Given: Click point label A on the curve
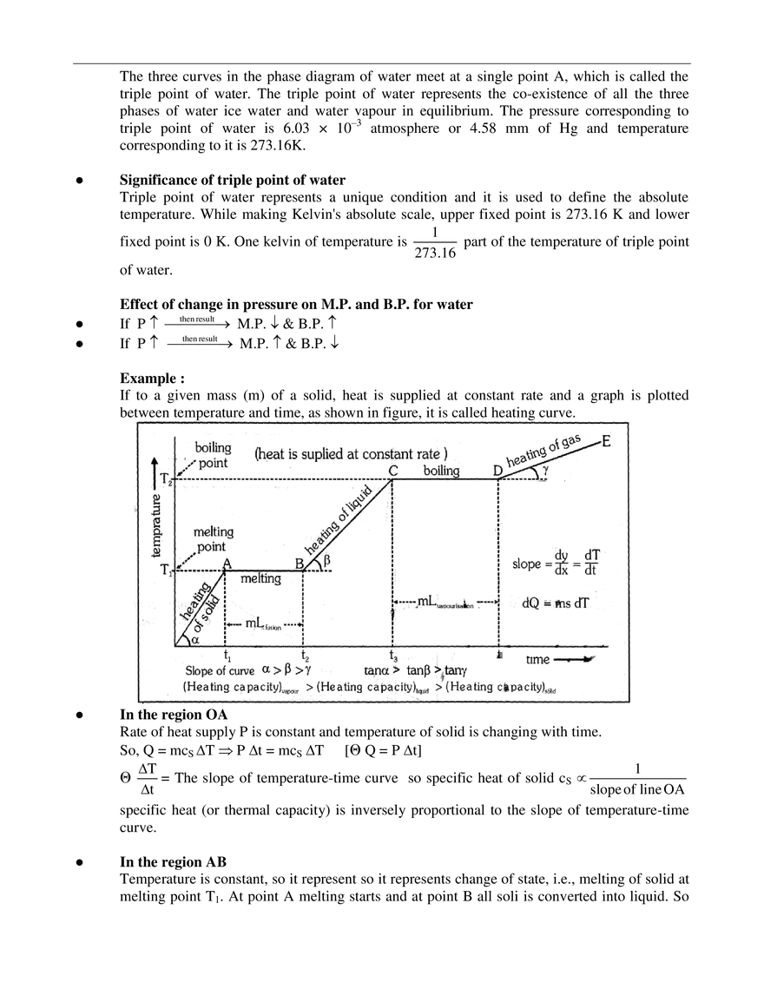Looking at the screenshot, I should tap(227, 563).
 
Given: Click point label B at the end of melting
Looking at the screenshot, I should tap(299, 564).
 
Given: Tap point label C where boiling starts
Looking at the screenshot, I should tap(392, 470).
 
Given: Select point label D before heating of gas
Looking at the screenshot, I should tap(497, 471).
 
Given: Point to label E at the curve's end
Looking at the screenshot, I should tap(605, 440).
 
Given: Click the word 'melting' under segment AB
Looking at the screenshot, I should tap(262, 577).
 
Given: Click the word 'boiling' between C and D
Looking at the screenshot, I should tap(441, 471).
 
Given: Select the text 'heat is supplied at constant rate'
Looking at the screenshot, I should tap(351, 453).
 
